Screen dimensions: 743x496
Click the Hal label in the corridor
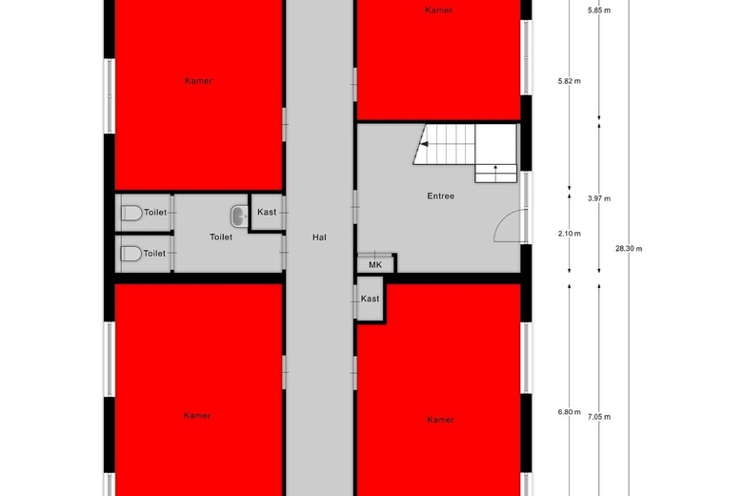coord(319,238)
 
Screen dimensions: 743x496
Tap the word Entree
coord(441,196)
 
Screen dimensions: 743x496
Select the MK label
coord(375,265)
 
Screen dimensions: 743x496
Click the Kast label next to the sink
coord(267,212)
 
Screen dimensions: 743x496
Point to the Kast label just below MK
coord(371,299)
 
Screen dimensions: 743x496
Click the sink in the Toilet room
coord(239,216)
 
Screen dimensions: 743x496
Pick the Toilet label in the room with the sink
coord(221,237)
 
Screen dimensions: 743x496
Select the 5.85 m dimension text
coord(599,10)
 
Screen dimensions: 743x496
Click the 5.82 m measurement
coord(569,81)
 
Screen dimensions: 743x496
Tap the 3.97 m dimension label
coord(599,198)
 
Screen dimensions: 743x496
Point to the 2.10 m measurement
coord(569,234)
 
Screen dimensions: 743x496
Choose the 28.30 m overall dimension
coord(629,248)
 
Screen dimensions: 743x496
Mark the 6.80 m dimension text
coord(569,412)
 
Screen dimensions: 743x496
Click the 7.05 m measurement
coord(599,417)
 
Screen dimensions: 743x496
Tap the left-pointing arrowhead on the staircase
coord(425,144)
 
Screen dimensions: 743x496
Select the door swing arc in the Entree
coord(507,222)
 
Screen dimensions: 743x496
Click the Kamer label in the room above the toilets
coord(198,81)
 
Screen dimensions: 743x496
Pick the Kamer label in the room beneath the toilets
coord(197,416)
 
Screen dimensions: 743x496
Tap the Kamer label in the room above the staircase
coord(438,10)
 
